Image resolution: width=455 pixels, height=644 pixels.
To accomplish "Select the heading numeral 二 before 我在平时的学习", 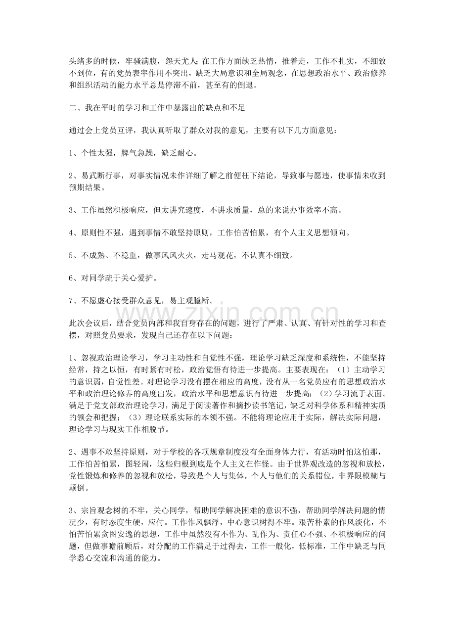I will click(73, 107).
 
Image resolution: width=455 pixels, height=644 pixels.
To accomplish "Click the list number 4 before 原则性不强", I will click(71, 233).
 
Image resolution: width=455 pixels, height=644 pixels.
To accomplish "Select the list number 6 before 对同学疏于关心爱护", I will click(71, 278).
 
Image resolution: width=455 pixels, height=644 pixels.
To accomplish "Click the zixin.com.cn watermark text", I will click(227, 313).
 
